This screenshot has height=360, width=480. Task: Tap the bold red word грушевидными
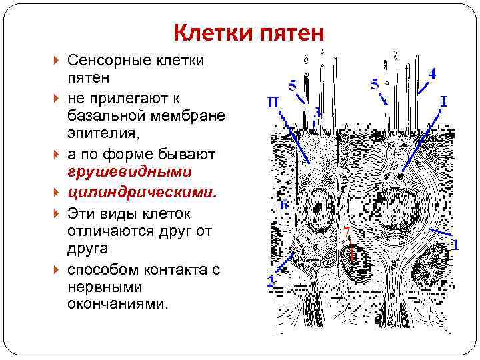point(129,171)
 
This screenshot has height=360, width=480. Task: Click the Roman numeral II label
point(273,102)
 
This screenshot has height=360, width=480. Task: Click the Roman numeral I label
point(443,101)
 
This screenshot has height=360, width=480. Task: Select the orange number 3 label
point(318,113)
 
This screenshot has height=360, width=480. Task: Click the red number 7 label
point(346,231)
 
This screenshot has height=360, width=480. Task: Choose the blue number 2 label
point(271,280)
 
